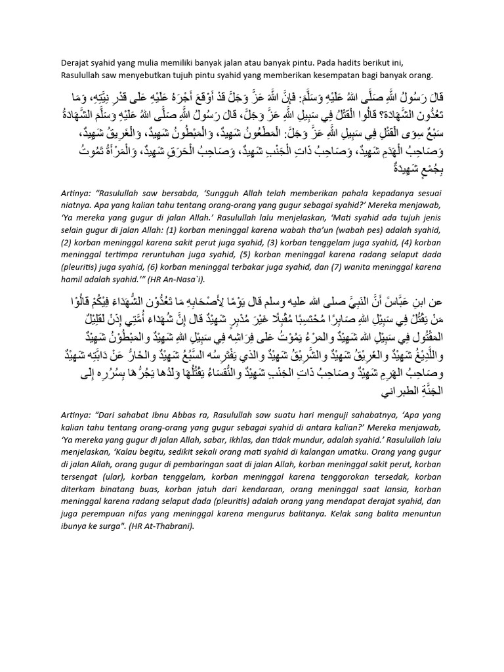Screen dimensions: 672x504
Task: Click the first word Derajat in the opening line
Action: pyautogui.click(x=75, y=63)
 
